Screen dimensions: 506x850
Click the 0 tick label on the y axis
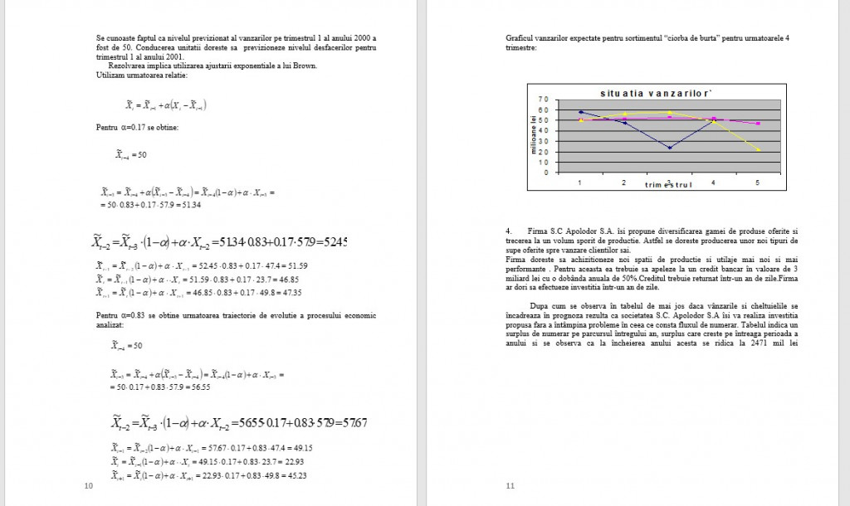pos(545,173)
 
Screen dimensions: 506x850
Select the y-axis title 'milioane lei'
pos(535,134)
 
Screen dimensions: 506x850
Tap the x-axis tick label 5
pos(757,182)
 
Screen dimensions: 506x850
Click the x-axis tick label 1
pos(580,182)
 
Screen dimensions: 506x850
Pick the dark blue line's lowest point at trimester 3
pos(669,148)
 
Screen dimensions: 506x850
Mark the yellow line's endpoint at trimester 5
pos(757,149)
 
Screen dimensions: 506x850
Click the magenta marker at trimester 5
pos(757,124)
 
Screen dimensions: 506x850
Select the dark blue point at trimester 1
pos(581,112)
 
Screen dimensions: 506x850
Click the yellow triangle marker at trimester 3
pos(669,112)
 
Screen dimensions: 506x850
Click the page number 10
pos(89,486)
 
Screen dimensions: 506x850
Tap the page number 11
pos(510,486)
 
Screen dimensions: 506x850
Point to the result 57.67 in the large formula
pos(353,423)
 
